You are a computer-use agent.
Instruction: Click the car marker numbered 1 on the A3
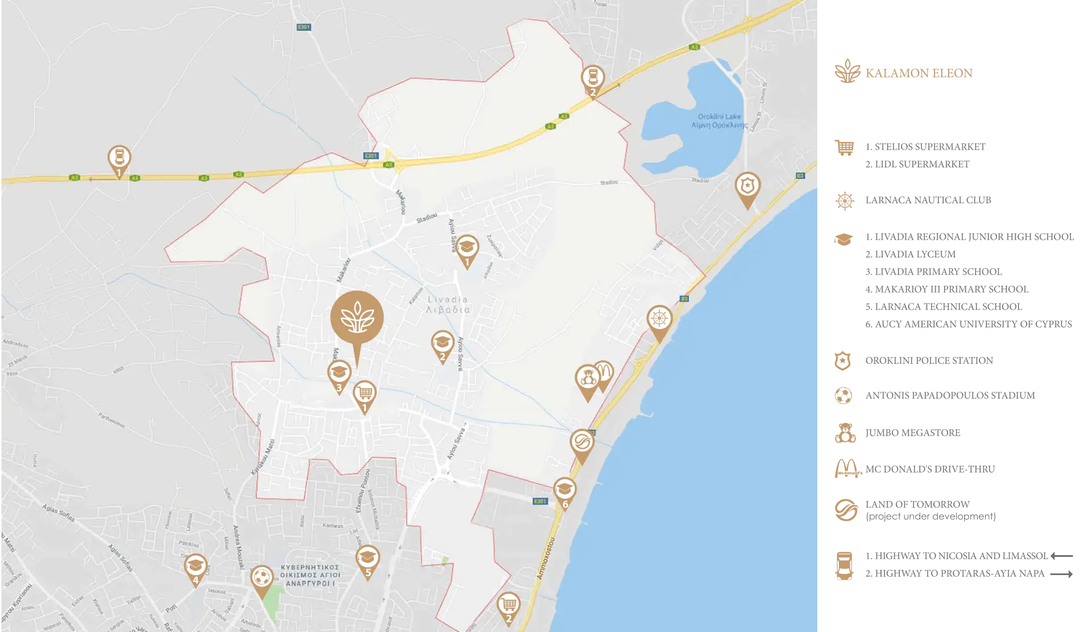tap(120, 159)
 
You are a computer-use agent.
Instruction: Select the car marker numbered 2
tap(592, 79)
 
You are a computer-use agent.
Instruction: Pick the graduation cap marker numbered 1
tap(467, 248)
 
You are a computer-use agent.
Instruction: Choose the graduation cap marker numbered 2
tap(442, 343)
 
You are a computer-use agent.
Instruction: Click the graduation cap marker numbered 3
tap(339, 374)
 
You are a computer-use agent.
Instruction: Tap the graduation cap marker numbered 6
tap(565, 490)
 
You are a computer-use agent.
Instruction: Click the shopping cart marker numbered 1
tap(365, 393)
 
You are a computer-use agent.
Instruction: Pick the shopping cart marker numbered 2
tap(508, 605)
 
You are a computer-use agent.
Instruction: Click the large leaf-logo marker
tap(357, 318)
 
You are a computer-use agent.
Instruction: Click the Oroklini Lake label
tap(719, 121)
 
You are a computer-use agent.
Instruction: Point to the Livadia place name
tap(448, 305)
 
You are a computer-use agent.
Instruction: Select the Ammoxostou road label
tap(545, 558)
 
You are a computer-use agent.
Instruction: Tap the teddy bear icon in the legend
tap(845, 433)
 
